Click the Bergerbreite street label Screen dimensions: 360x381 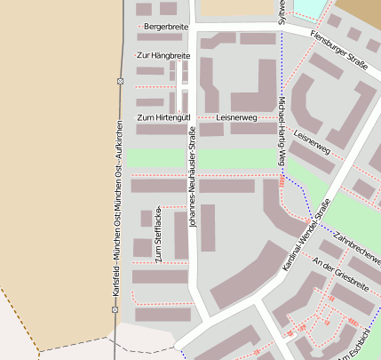click(167, 28)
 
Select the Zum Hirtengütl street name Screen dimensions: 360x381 click(163, 117)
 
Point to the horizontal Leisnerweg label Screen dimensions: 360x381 click(236, 117)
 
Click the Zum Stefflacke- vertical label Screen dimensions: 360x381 click(159, 235)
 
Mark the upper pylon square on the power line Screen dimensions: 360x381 click(120, 81)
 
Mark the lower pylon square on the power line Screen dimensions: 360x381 click(115, 309)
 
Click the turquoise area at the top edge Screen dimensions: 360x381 click(307, 7)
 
